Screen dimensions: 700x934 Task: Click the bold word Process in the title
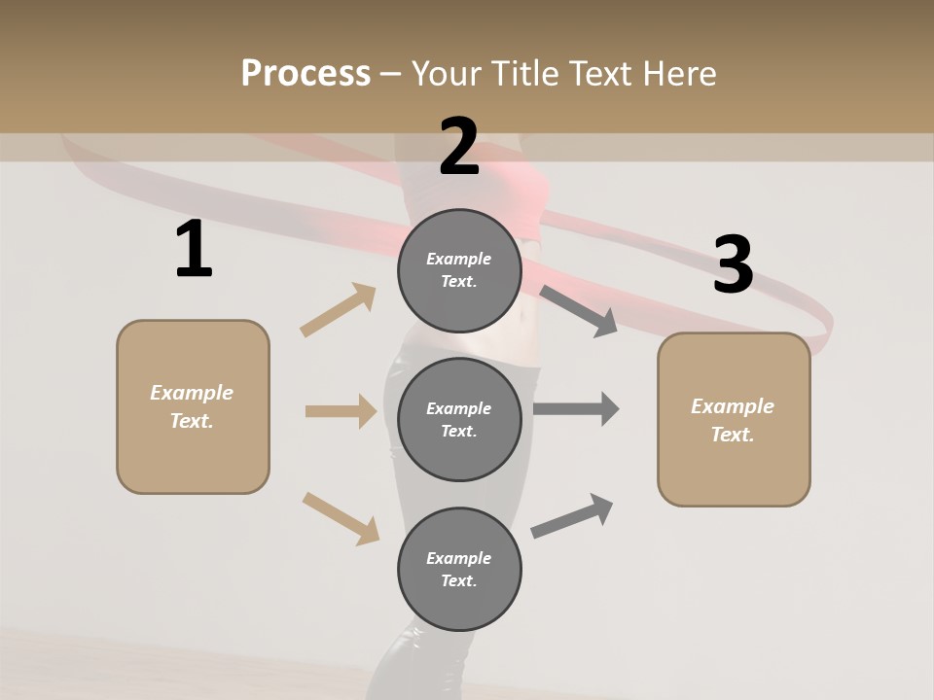click(x=305, y=74)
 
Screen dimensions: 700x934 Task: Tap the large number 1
click(x=194, y=251)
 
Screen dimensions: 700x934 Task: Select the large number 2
click(x=459, y=148)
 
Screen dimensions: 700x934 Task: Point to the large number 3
click(x=733, y=264)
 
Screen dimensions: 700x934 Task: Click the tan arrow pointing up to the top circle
click(x=339, y=310)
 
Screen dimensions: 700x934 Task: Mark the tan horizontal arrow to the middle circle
click(x=341, y=411)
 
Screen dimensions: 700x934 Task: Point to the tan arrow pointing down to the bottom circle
click(x=341, y=518)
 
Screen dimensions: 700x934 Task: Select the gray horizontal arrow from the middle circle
click(x=576, y=408)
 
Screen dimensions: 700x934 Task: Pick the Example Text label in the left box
click(x=192, y=406)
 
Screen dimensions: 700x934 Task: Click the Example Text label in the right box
click(x=733, y=420)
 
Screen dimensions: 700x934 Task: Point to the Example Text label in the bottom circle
click(x=459, y=569)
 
